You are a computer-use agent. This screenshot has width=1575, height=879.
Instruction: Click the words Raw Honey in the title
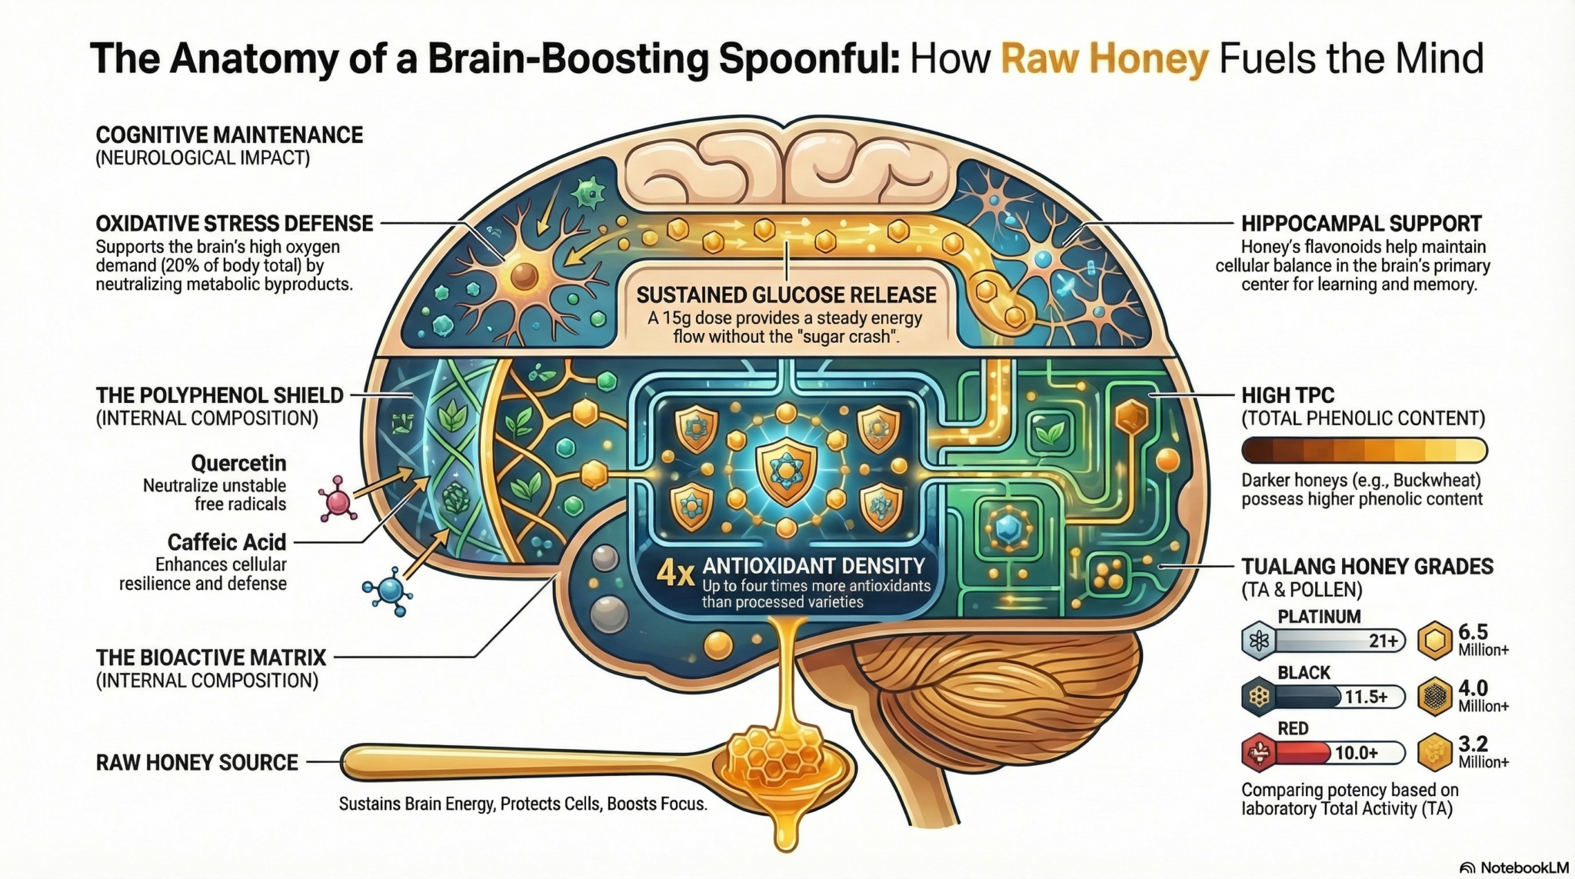click(x=1104, y=60)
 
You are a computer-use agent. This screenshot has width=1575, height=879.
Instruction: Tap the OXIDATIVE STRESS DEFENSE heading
click(x=234, y=224)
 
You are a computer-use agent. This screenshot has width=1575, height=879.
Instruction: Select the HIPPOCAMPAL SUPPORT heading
click(x=1361, y=224)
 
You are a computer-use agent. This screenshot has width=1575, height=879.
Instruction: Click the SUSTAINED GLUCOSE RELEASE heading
click(x=786, y=295)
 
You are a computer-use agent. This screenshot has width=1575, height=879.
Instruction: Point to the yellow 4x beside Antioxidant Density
click(x=675, y=573)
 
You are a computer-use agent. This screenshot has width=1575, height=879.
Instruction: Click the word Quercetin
click(x=238, y=463)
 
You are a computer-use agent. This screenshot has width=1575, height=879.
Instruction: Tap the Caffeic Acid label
click(x=227, y=542)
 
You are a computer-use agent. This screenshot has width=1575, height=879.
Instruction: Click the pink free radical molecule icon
click(x=337, y=499)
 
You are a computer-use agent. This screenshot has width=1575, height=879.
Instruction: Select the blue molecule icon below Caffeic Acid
click(x=389, y=591)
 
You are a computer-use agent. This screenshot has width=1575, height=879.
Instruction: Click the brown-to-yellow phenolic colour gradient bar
click(x=1364, y=450)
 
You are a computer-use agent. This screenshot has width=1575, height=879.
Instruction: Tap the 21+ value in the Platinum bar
click(x=1383, y=641)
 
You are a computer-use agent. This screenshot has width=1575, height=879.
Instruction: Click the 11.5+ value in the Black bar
click(x=1366, y=697)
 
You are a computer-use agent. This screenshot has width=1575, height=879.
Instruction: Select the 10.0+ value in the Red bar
click(x=1356, y=753)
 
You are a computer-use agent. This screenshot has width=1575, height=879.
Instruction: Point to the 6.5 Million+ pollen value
click(x=1482, y=640)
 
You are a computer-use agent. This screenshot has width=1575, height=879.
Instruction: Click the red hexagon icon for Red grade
click(x=1259, y=753)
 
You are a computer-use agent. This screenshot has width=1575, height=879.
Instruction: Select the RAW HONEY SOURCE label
click(x=197, y=762)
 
